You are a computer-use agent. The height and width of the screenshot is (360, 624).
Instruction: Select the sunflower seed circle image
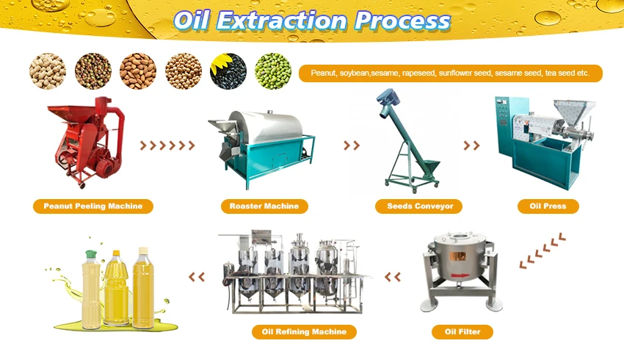228,71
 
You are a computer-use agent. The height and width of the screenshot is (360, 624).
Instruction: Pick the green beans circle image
273,71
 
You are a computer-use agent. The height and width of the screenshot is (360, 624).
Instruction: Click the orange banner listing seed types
450,73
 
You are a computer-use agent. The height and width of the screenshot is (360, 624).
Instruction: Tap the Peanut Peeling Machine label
93,206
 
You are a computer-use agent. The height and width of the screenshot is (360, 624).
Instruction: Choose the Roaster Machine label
264,206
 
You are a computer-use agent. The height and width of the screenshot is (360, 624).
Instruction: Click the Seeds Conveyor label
420,206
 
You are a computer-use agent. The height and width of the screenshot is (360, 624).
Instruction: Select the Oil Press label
548,206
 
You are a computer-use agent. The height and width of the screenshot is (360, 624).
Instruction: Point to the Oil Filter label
462,332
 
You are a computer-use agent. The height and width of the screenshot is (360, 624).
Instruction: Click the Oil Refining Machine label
304,332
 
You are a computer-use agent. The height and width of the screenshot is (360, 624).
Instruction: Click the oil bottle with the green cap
91,290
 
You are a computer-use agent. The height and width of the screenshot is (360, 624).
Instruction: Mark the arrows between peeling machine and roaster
167,145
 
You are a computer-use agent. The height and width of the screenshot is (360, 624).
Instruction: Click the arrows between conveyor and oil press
471,145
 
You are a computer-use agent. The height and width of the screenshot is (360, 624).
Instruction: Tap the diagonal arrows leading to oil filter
542,250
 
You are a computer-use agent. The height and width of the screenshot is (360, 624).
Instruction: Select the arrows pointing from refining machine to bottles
197,277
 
